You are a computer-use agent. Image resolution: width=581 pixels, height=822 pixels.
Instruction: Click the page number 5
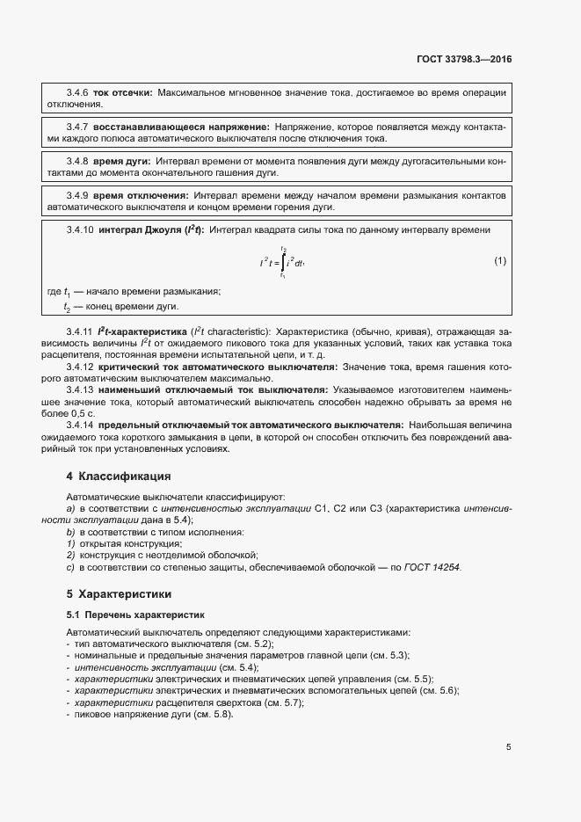(508, 747)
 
